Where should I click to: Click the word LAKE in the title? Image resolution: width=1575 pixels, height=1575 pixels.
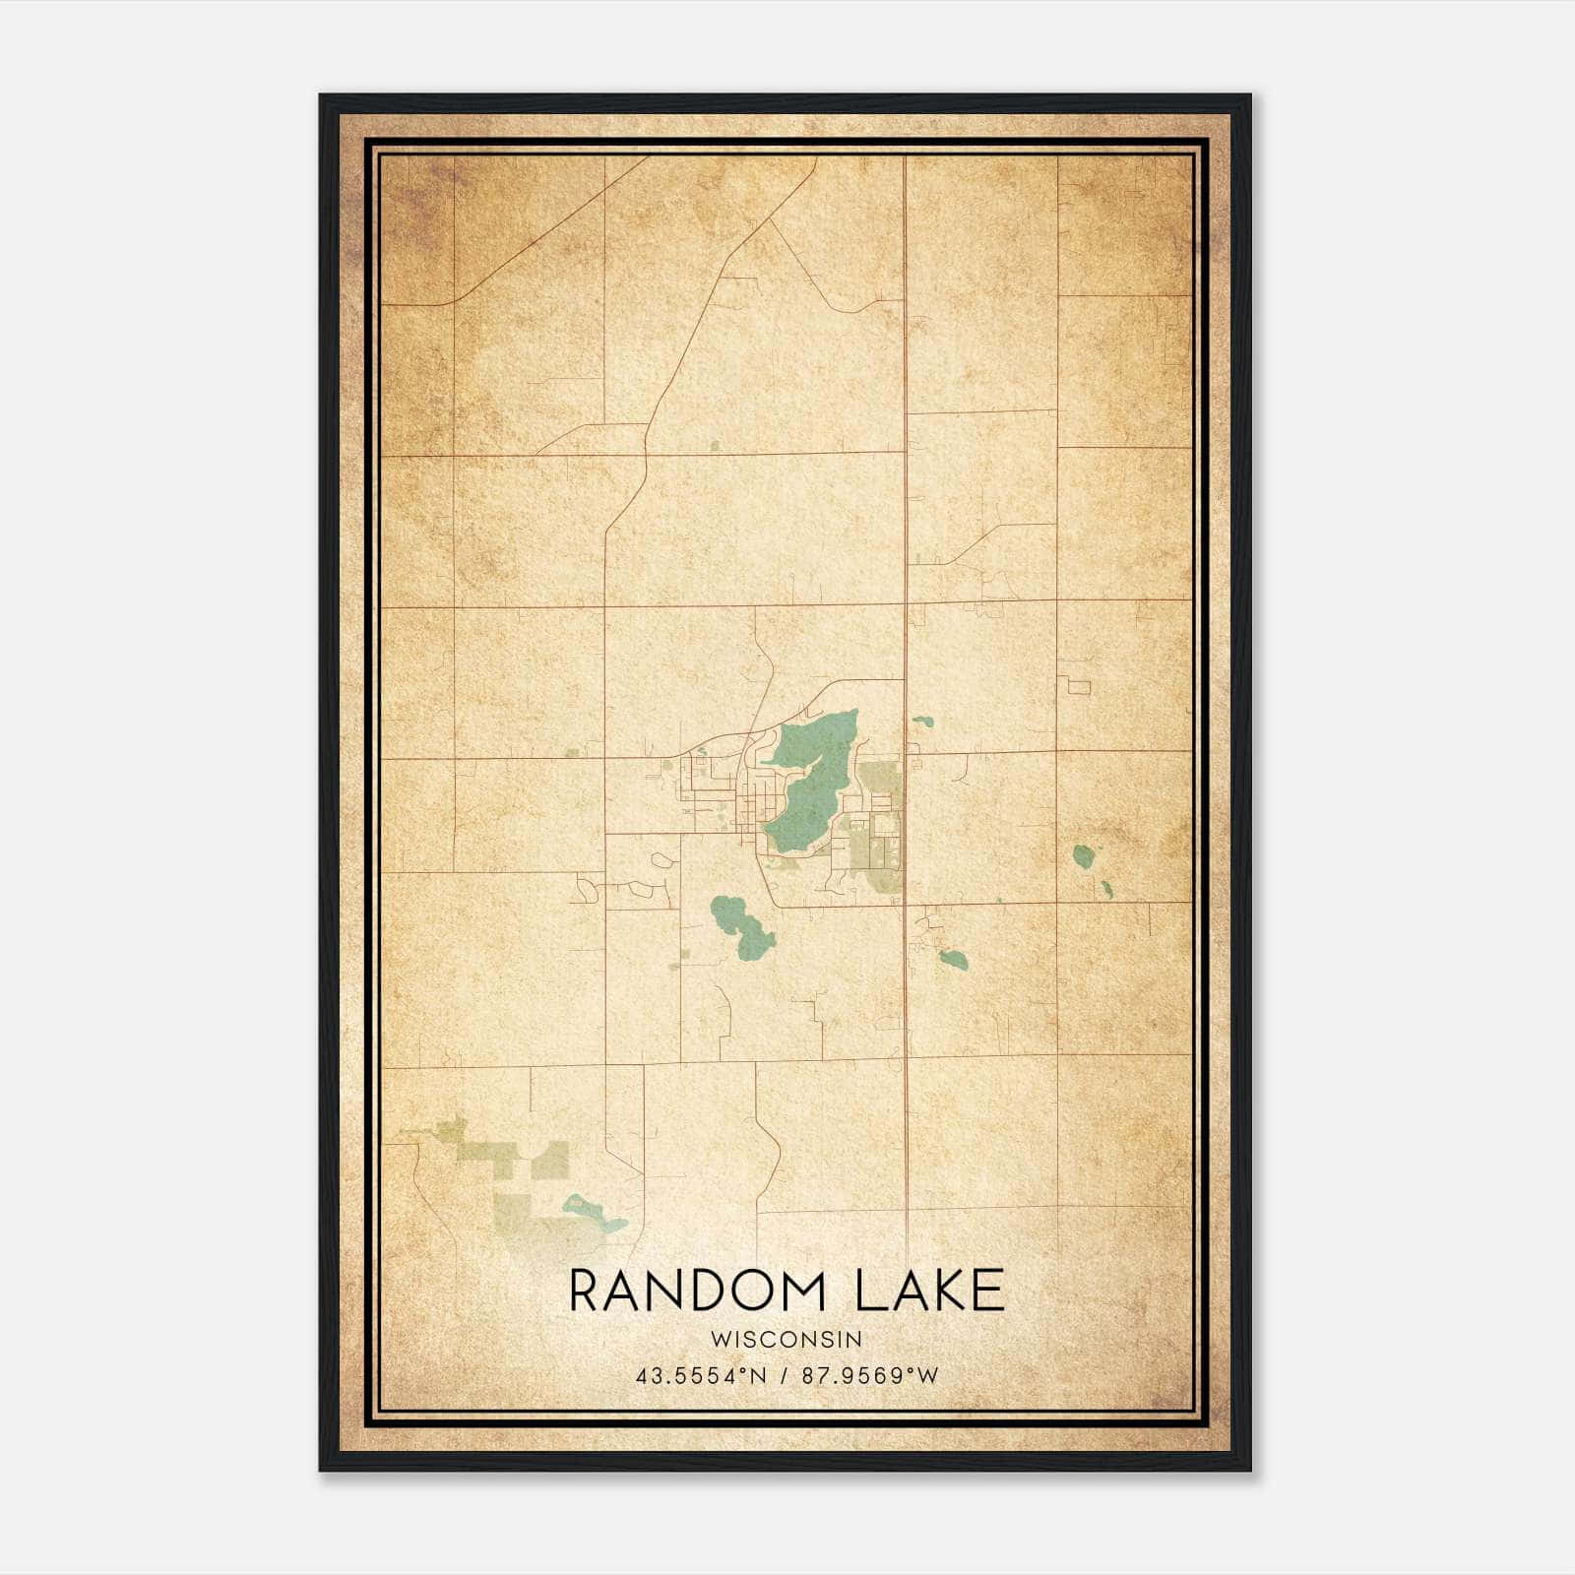click(929, 1291)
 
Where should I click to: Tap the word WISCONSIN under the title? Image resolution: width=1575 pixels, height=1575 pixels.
click(787, 1340)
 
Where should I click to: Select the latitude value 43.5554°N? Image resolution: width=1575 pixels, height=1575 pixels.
click(700, 1375)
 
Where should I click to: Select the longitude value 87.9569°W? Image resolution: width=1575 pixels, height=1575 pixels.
click(869, 1375)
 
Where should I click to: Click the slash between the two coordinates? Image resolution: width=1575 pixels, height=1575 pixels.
click(784, 1375)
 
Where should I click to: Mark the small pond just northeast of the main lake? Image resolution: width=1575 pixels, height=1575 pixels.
click(922, 722)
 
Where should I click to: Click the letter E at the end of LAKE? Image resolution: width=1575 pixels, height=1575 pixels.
click(990, 1291)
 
